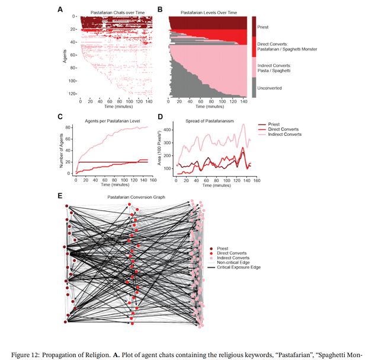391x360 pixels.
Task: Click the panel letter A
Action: point(60,9)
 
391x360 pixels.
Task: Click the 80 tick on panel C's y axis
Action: point(69,126)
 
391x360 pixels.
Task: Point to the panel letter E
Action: point(60,194)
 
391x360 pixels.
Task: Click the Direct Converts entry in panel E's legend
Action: point(232,254)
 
